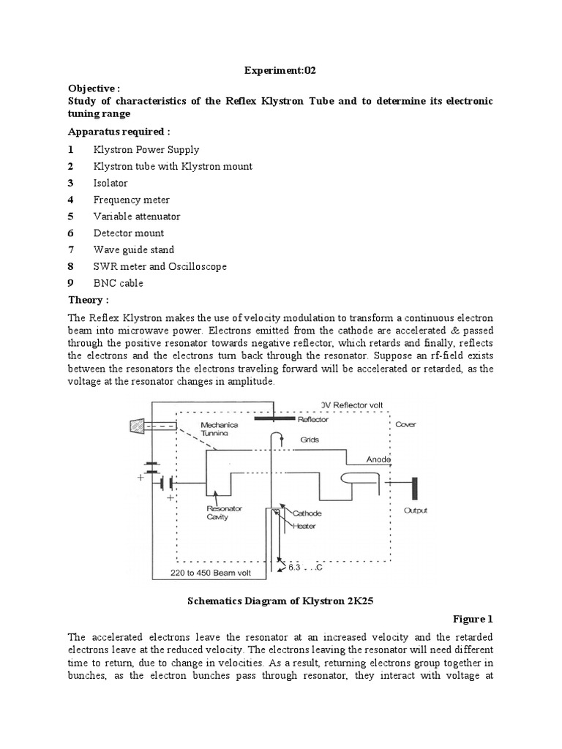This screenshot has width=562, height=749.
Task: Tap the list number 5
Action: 71,217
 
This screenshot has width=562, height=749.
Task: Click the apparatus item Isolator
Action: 110,183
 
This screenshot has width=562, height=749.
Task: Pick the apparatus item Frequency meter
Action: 131,200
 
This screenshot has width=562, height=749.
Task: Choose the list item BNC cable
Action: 118,283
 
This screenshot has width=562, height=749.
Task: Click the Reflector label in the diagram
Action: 313,419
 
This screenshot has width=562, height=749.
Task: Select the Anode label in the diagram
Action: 379,459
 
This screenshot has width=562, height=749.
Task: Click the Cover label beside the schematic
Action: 405,424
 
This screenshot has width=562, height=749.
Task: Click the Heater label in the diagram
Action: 304,526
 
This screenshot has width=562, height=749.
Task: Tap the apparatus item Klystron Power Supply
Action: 146,149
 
